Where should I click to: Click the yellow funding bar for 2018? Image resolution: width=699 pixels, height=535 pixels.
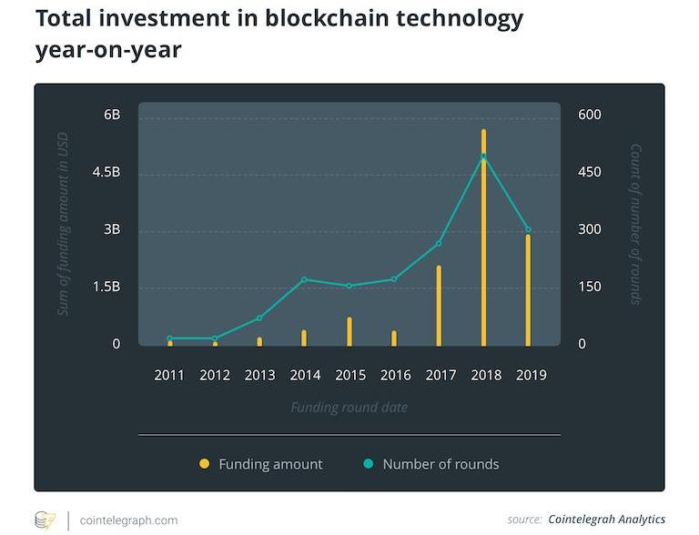(483, 237)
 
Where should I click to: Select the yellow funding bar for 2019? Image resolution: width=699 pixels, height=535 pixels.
(528, 290)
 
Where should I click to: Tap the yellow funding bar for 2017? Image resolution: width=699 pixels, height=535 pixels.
(439, 306)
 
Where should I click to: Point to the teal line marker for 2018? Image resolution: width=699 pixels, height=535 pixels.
(483, 157)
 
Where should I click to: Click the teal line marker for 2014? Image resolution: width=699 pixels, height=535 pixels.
(305, 279)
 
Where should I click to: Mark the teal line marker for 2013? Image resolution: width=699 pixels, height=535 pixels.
(259, 318)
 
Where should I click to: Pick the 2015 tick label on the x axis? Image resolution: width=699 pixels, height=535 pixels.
(350, 374)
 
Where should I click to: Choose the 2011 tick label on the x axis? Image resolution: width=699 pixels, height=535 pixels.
(169, 374)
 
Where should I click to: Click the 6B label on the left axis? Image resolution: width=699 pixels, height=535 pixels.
(112, 115)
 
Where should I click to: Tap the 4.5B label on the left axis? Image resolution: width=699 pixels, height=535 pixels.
(106, 172)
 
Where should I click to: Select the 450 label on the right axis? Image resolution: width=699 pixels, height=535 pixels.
(590, 172)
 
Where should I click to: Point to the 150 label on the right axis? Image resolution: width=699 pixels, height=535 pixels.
(590, 287)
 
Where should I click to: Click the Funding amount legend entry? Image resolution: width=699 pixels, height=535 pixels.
(270, 464)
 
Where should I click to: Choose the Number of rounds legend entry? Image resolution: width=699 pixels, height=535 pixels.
(441, 464)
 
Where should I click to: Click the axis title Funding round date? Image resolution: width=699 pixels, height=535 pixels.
(349, 407)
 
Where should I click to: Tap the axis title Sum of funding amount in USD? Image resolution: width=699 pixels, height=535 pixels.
(64, 228)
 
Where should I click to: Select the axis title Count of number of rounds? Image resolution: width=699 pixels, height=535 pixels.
(635, 224)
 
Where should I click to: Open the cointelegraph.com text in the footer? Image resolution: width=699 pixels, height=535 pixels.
(128, 520)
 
